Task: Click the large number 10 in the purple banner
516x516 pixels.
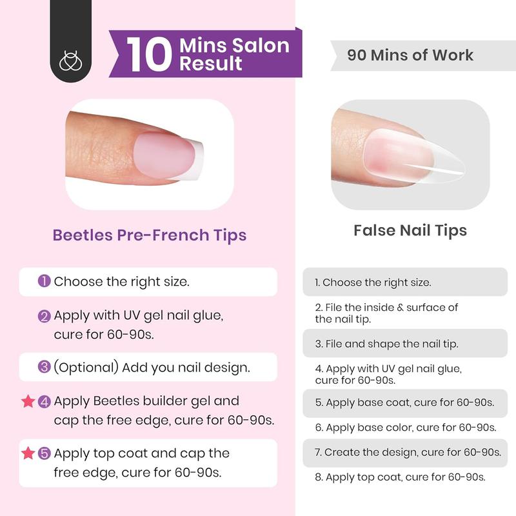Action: pos(150,55)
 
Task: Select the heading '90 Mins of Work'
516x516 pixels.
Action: pos(410,55)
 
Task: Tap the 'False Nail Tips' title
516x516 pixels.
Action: pos(410,230)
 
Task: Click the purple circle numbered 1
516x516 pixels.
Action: pos(45,281)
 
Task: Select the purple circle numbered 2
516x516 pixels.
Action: pos(45,317)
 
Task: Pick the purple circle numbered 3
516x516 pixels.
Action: pos(45,367)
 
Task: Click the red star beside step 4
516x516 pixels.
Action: pos(27,402)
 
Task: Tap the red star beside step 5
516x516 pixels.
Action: pos(27,453)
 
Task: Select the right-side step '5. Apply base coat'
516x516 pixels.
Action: pos(404,402)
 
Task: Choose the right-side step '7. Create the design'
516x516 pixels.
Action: pos(408,452)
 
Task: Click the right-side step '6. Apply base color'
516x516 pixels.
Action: pos(405,427)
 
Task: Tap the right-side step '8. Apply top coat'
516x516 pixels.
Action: pos(400,477)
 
